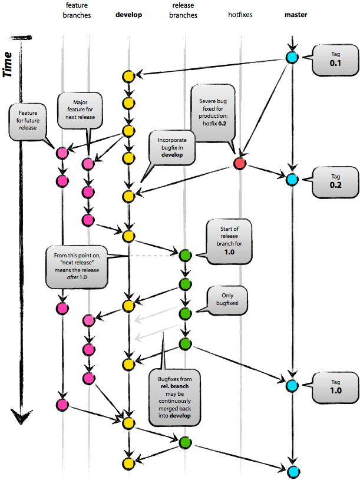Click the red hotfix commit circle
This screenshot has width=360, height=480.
(239, 163)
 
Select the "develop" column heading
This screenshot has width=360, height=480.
(129, 14)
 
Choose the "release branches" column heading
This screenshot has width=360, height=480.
(184, 10)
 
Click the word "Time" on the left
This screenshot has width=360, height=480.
(9, 64)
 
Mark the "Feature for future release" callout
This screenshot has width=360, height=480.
(28, 121)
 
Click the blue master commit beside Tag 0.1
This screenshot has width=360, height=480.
(292, 58)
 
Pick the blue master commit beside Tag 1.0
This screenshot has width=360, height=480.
(292, 386)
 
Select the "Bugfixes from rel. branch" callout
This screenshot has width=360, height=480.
(174, 397)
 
